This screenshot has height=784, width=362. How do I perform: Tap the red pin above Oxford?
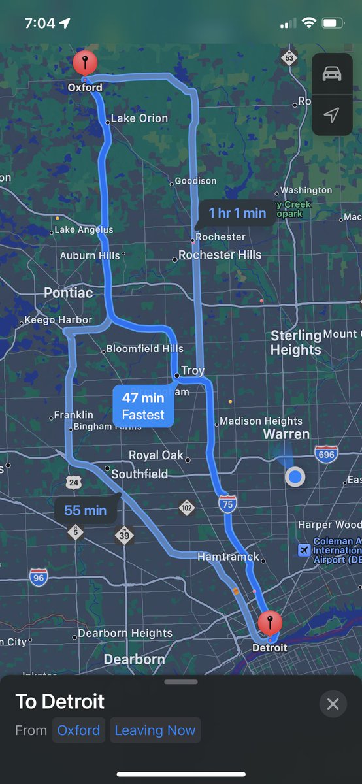point(85,64)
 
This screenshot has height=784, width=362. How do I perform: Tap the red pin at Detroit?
point(270,623)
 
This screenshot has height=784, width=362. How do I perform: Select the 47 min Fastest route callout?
point(143,406)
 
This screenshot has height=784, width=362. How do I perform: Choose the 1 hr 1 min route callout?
point(237,213)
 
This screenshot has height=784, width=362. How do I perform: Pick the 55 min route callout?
point(86,510)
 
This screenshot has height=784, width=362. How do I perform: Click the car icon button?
point(332,73)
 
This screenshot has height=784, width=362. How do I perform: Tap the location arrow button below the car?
point(332,115)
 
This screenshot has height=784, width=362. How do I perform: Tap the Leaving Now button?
point(155,730)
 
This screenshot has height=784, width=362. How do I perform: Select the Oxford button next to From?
point(78,730)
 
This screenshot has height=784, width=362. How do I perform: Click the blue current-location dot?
point(295,477)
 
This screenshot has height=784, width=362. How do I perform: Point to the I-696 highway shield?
point(326,454)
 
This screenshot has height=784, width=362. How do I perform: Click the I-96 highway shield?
point(39,577)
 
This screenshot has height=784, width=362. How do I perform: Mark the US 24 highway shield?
point(73,483)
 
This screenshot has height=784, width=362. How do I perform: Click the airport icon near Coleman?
point(303,550)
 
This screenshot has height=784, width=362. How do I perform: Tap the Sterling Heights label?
point(296,343)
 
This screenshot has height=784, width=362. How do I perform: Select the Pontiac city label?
point(68,293)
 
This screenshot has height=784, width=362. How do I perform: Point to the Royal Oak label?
point(156,455)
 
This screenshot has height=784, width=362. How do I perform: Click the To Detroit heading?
point(60,702)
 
